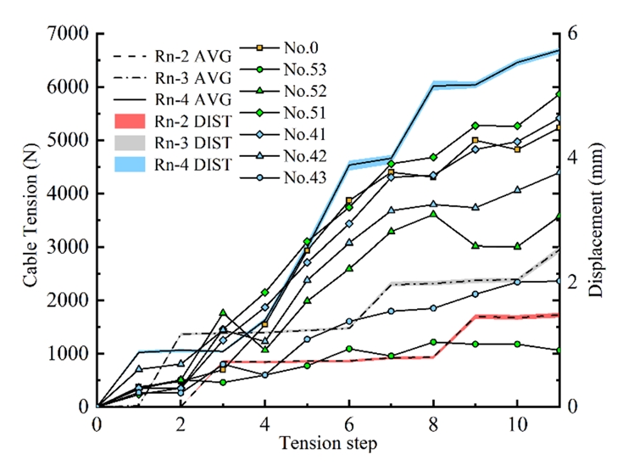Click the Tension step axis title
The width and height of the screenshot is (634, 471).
click(x=328, y=443)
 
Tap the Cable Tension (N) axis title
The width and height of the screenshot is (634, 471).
click(x=31, y=221)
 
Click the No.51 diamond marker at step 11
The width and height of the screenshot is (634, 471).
click(x=559, y=93)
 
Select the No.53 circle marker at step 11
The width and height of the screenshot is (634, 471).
click(x=559, y=350)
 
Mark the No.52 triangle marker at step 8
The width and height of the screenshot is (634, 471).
click(x=433, y=214)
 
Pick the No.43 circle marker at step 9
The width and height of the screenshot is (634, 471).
click(x=475, y=294)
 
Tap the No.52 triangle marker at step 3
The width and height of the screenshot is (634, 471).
click(x=223, y=313)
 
